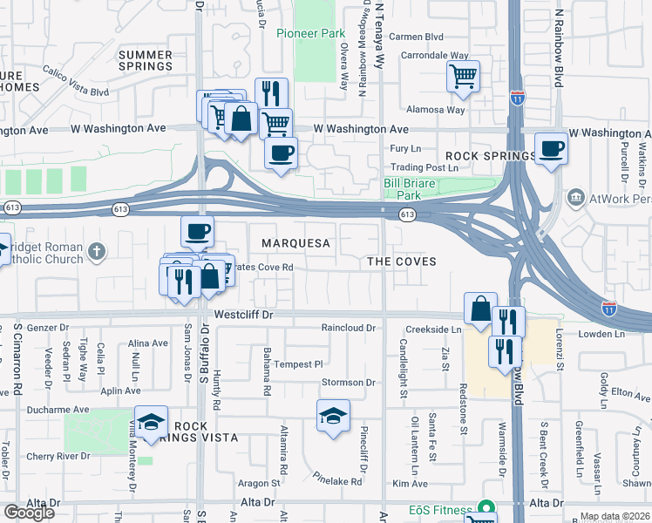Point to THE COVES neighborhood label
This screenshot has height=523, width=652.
coord(401,261)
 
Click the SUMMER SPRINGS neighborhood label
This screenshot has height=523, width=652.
coord(146,60)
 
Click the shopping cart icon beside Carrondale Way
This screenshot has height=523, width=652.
coord(463,75)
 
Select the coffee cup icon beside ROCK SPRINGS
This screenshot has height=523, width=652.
coord(551,149)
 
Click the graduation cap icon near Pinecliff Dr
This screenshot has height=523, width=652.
coord(333,417)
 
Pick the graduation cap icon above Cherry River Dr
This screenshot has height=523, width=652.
coord(151,422)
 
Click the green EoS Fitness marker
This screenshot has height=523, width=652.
coord(486,509)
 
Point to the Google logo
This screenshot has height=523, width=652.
coord(29,512)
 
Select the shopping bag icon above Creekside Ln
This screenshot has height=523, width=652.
coord(480,309)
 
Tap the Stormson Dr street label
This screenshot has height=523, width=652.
coord(348,383)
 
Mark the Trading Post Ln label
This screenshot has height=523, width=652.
coord(424,166)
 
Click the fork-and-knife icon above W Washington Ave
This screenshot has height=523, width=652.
coord(272,94)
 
